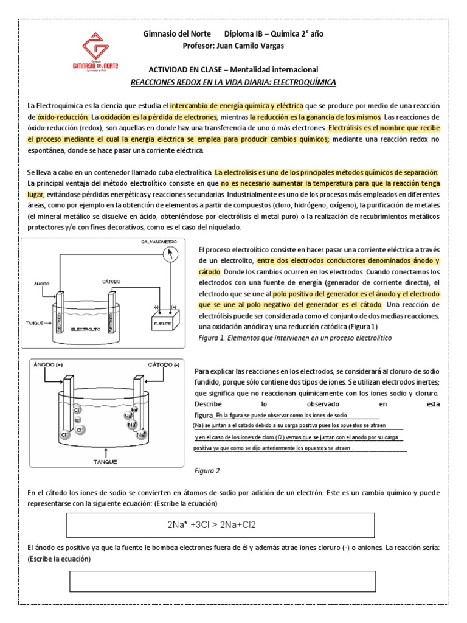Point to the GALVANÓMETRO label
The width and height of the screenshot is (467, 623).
tap(160, 242)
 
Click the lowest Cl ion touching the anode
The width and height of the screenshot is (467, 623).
tap(64, 436)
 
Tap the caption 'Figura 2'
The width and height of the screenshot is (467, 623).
tap(207, 471)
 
